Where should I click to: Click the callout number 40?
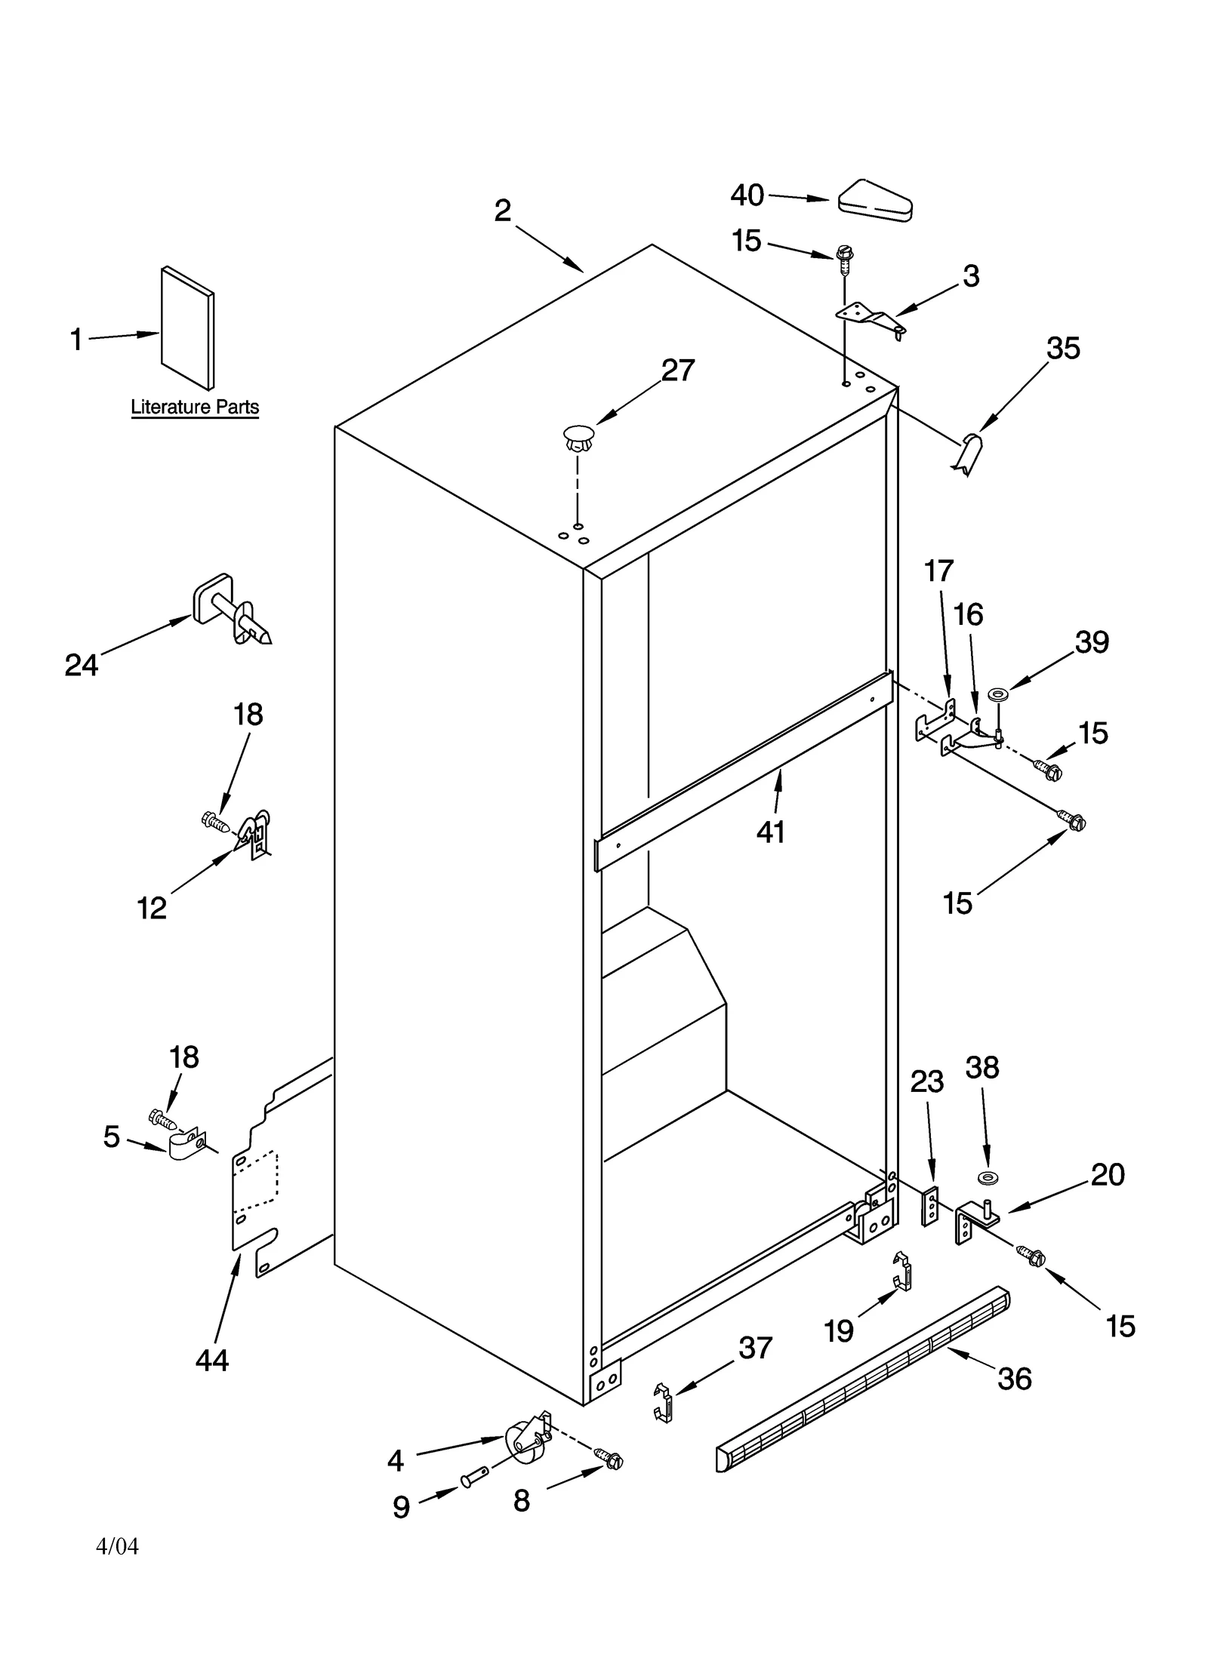click(x=746, y=195)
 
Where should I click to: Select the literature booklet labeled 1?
click(x=187, y=327)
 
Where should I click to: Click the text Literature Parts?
click(x=195, y=408)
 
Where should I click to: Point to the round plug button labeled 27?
click(x=578, y=438)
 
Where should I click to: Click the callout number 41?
click(x=771, y=832)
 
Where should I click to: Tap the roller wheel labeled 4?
click(x=522, y=1440)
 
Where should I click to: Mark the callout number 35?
click(x=1062, y=348)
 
